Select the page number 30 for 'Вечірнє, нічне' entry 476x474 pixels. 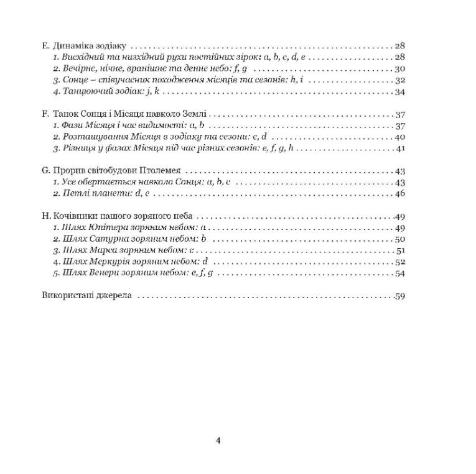[400, 69]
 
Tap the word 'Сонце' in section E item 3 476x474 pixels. [76, 81]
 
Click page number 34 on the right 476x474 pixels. [400, 92]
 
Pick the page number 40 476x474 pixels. [400, 137]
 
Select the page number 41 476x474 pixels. [400, 148]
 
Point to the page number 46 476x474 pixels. [400, 194]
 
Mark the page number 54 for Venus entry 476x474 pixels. [400, 273]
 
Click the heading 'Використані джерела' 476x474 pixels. [86, 296]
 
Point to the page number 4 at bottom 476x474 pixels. [218, 441]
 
